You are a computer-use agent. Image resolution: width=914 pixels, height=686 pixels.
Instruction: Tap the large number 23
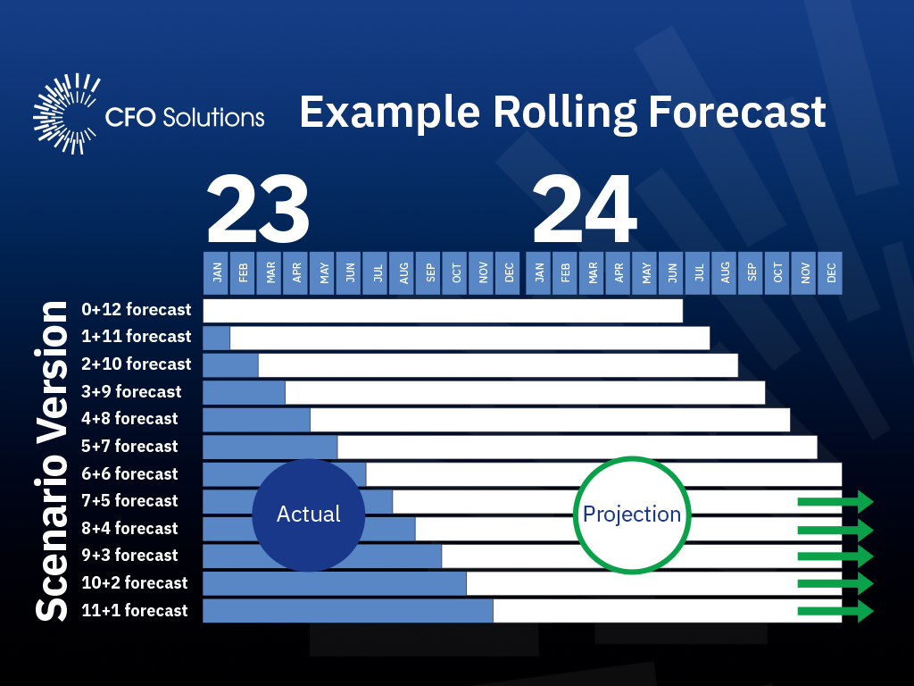(x=258, y=211)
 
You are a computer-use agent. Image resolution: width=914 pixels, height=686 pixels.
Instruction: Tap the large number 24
(x=585, y=211)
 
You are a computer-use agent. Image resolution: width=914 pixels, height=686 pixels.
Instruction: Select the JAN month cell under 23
(x=217, y=272)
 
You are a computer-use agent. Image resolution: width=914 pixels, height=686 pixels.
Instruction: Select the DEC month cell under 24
(x=832, y=272)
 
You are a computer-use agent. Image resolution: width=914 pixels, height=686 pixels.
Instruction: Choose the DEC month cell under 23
(x=510, y=272)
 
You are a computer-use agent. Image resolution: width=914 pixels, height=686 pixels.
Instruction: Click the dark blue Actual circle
(x=309, y=514)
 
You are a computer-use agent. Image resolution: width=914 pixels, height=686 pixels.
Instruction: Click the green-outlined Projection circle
(x=631, y=514)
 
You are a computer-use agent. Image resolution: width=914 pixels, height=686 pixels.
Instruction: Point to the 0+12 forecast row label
(x=136, y=310)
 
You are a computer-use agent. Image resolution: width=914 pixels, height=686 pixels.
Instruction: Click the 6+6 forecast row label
(x=129, y=473)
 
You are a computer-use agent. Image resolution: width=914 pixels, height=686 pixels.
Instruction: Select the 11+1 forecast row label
(x=134, y=610)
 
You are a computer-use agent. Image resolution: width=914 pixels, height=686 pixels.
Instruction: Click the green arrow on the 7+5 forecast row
(x=835, y=501)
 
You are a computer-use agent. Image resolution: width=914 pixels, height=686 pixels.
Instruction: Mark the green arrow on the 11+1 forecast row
(x=835, y=611)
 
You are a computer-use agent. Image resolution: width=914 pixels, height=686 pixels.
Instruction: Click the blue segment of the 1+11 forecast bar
(x=217, y=338)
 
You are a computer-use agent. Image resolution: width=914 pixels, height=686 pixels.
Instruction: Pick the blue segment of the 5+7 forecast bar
(x=270, y=447)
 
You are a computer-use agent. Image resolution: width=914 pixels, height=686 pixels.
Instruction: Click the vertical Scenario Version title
(x=51, y=461)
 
